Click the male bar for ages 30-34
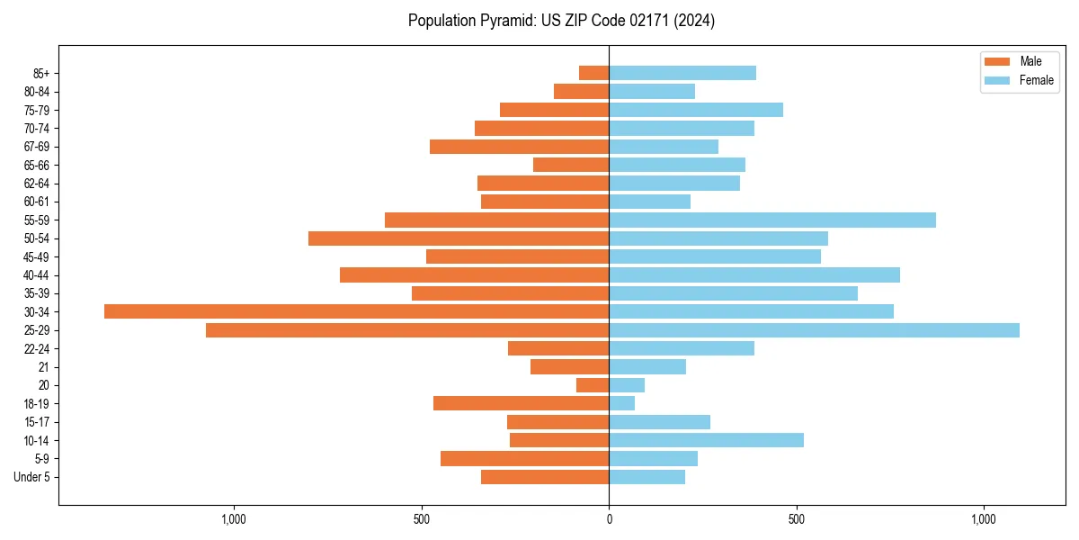click(356, 311)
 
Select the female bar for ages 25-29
click(814, 330)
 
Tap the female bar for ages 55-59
click(772, 220)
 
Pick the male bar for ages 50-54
click(459, 238)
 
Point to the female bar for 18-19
click(621, 403)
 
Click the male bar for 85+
click(593, 73)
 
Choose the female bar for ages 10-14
click(706, 440)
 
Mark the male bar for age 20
click(593, 385)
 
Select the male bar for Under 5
click(545, 477)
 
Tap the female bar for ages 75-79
click(696, 110)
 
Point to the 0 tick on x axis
click(609, 519)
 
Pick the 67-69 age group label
click(37, 147)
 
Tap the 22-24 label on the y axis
click(37, 348)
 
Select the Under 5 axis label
click(32, 477)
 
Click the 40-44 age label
click(37, 275)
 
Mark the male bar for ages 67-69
click(519, 147)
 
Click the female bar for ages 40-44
click(754, 275)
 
